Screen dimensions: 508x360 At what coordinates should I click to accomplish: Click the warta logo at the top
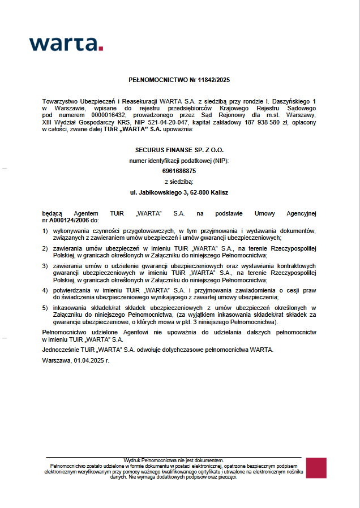coord(66,44)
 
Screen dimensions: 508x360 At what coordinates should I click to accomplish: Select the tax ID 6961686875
coord(179,171)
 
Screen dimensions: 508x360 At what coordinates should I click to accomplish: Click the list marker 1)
coord(45,231)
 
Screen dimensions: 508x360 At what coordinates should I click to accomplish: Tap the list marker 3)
coord(45,265)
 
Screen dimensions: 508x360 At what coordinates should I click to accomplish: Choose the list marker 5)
coord(45,308)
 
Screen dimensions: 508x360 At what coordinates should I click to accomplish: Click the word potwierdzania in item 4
coord(72,290)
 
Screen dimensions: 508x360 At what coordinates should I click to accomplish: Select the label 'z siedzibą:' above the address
coord(179,182)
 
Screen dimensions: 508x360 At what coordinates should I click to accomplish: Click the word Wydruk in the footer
coord(131,460)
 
